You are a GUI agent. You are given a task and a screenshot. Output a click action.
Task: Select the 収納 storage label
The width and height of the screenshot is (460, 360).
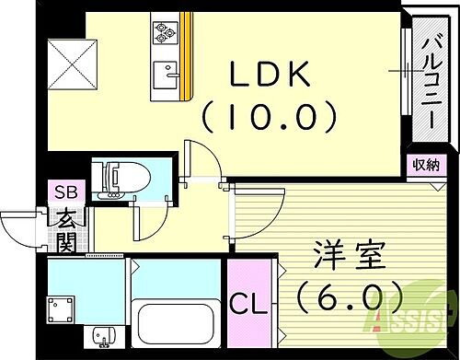point(425,166)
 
